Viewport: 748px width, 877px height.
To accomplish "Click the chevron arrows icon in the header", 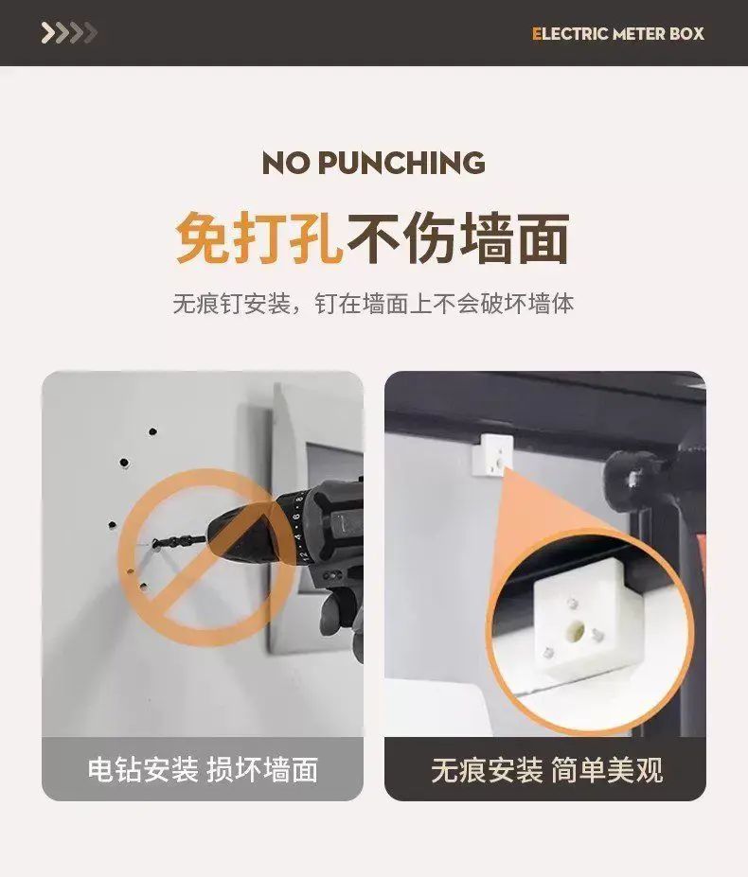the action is pos(69,33).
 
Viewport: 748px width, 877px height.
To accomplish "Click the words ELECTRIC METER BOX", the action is pos(617,33).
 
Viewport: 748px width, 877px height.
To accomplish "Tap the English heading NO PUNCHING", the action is pos(373,163).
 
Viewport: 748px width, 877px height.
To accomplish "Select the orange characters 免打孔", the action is pos(259,237).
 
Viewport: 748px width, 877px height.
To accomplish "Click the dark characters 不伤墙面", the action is pos(458,237).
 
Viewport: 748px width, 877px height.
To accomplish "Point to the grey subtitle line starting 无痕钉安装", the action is pos(373,304).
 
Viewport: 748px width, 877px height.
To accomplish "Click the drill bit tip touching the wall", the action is pos(155,543).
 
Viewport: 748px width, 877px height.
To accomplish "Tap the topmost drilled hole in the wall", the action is pos(152,431).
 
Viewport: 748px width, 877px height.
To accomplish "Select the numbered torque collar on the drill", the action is pos(297,527).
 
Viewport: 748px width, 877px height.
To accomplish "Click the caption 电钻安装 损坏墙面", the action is pos(203,769).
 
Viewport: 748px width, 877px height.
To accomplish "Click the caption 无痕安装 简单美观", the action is pos(547,769).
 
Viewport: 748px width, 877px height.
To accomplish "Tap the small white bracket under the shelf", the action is pos(492,454).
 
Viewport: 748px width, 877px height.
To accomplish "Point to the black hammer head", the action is pos(632,480).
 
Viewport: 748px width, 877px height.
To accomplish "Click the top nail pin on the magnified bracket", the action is pos(572,604).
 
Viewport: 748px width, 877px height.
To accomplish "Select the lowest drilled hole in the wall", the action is pos(144,587).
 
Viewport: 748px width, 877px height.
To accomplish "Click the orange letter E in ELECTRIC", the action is pos(536,33).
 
